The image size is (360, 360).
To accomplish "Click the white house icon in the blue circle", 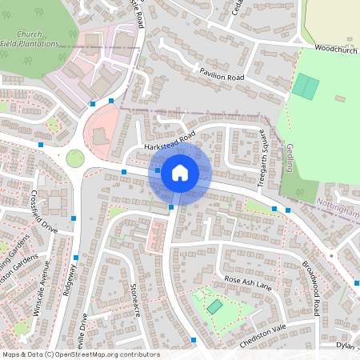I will (x=179, y=173).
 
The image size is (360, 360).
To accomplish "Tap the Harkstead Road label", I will (x=170, y=142).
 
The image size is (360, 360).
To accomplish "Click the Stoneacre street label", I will (x=134, y=299).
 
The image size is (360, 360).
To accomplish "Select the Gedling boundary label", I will (x=289, y=158).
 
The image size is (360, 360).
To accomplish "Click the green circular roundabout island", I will (x=75, y=158).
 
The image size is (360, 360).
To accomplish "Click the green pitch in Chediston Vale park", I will (x=214, y=306).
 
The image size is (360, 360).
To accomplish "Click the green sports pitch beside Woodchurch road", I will (x=305, y=86).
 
